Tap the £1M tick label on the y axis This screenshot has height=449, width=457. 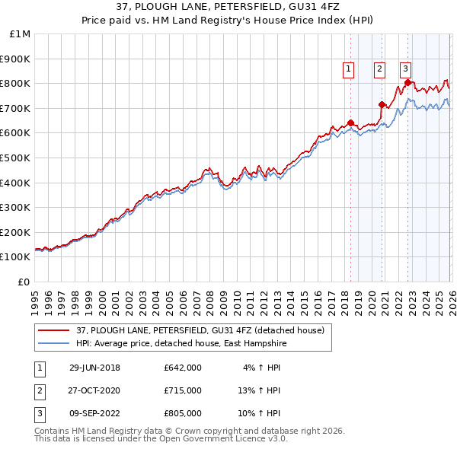point(20,34)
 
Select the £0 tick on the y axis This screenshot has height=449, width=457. point(24,282)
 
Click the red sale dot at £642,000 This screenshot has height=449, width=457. point(350,123)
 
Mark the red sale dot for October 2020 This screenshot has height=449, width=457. point(382,104)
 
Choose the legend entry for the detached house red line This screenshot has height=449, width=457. point(200,330)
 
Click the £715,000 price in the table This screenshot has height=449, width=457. point(183,390)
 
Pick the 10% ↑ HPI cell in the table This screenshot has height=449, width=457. point(259,413)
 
